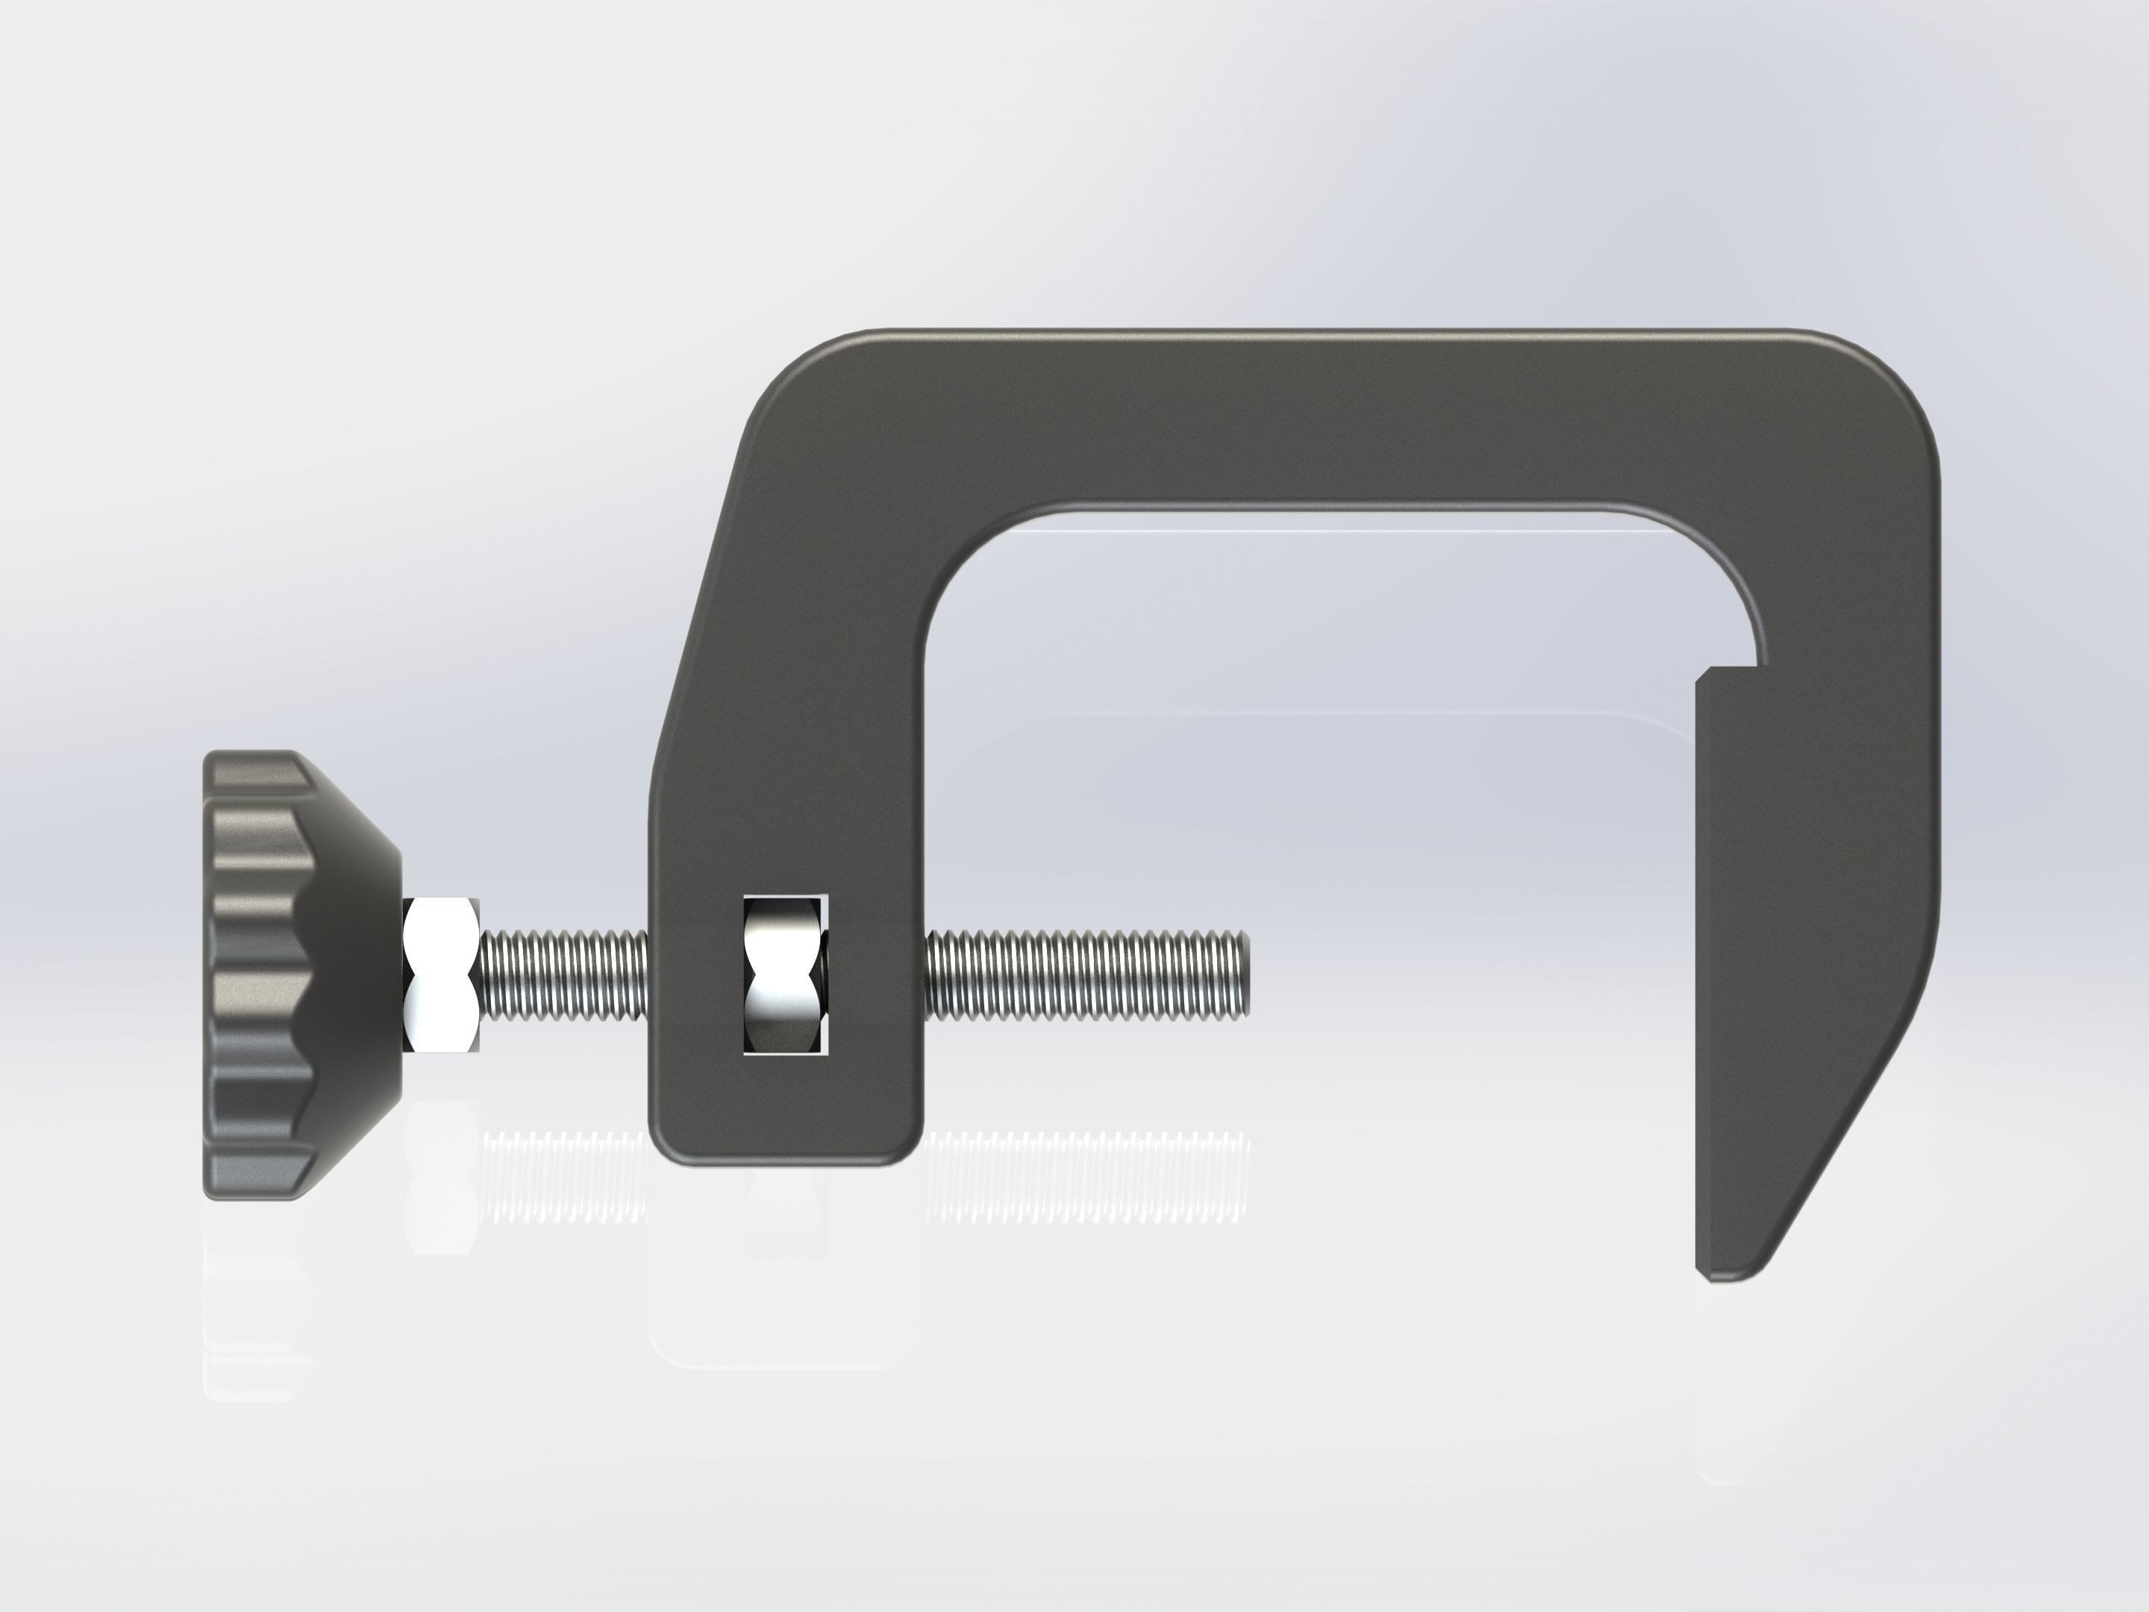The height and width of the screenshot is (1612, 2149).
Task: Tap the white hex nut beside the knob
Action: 442,975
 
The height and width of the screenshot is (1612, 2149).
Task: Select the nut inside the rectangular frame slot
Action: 783,975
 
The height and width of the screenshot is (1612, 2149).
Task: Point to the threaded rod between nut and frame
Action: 563,975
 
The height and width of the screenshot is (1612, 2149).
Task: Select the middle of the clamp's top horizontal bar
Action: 1341,418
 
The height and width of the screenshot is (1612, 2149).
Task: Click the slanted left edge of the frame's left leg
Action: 695,602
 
